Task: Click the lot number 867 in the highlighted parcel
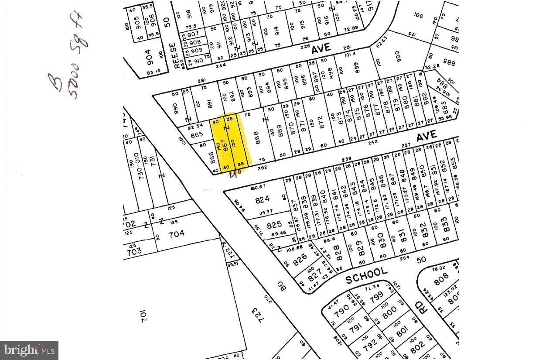225,145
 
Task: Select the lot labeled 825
274,225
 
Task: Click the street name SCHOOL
366,275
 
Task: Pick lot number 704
176,234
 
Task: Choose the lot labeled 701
144,315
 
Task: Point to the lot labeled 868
256,138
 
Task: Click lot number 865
197,135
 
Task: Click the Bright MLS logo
29,350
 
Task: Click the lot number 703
134,251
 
